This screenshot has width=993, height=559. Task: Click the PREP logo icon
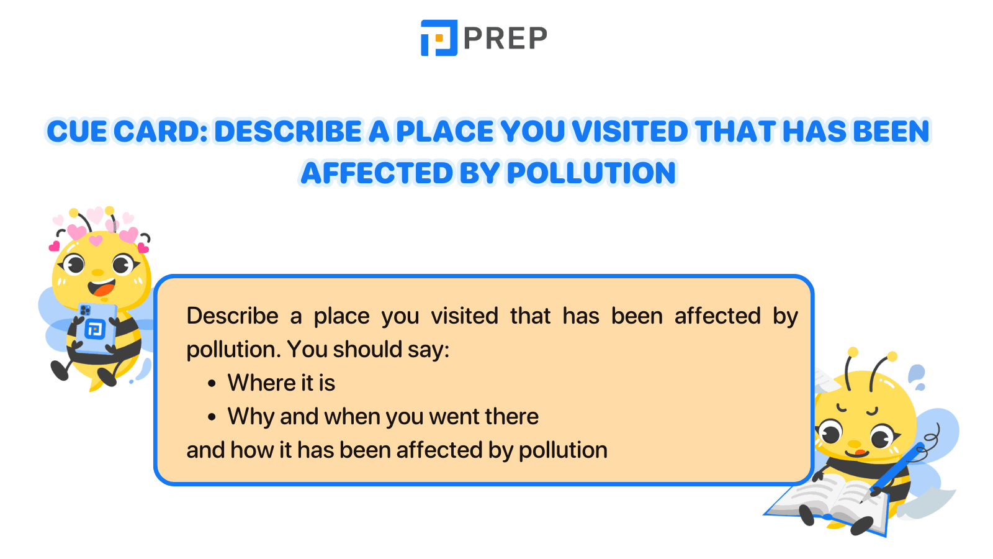[x=439, y=38]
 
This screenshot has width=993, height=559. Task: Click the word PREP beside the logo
[x=505, y=39]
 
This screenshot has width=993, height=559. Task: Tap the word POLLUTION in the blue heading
[x=591, y=173]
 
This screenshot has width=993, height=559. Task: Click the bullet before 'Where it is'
[x=212, y=384]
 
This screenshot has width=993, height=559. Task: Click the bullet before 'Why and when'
[x=212, y=417]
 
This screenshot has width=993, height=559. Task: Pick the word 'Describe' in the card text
[x=232, y=316]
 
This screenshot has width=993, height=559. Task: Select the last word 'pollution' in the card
[x=563, y=450]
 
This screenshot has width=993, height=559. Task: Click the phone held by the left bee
[x=96, y=327]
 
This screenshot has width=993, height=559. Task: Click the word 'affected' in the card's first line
[x=717, y=316]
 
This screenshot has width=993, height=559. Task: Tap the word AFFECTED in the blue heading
[x=377, y=173]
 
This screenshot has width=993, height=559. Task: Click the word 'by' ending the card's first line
[x=785, y=317]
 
